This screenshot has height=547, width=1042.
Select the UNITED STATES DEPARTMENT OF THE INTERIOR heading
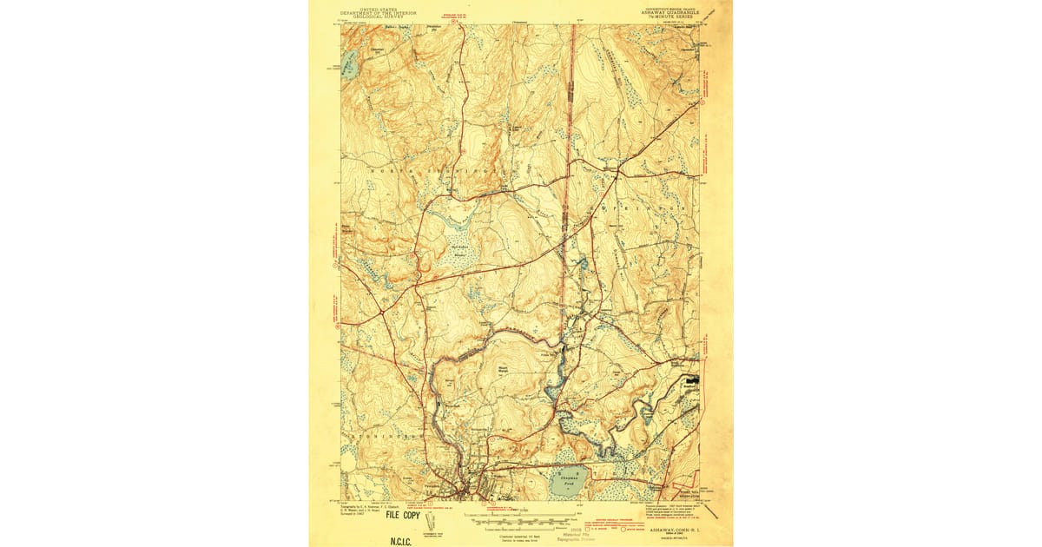(379, 13)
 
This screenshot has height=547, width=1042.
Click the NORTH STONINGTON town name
(434, 172)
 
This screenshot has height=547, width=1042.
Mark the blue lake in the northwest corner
(348, 65)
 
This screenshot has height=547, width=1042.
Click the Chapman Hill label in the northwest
(378, 52)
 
